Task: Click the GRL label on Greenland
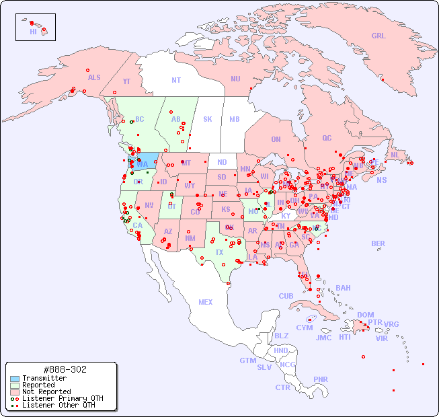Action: click(378, 36)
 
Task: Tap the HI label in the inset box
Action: click(33, 32)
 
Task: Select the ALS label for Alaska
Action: click(94, 77)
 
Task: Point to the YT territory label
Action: click(126, 81)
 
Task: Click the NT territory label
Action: click(175, 80)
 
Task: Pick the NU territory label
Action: click(235, 79)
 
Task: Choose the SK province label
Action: click(208, 119)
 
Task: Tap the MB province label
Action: click(235, 119)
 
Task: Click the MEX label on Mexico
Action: click(206, 302)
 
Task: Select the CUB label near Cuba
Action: click(286, 296)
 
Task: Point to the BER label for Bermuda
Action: click(378, 243)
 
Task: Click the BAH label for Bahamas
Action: click(343, 288)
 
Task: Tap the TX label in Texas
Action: click(219, 253)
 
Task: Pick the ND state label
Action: click(222, 162)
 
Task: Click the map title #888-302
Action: click(64, 370)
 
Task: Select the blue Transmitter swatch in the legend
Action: click(13, 379)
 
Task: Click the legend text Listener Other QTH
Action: click(58, 405)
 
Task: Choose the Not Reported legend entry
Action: click(46, 391)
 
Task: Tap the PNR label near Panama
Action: click(321, 379)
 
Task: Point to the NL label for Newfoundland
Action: click(395, 155)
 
